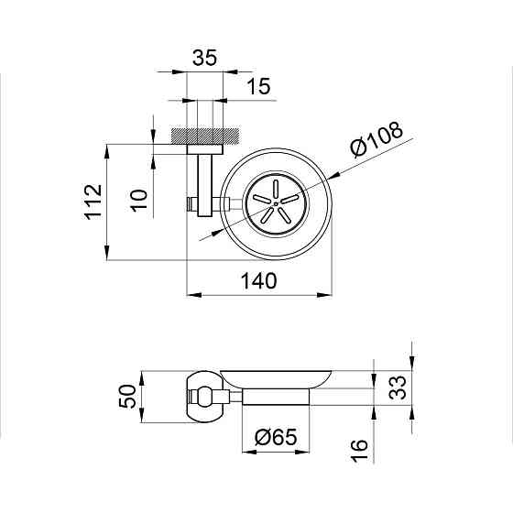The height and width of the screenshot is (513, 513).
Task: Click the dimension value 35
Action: [x=204, y=58]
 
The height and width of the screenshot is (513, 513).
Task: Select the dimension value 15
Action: [x=258, y=86]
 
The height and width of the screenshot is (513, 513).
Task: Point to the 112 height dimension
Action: [x=93, y=202]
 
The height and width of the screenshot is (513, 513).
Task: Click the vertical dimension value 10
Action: [x=140, y=201]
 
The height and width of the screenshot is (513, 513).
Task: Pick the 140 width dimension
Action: [x=258, y=280]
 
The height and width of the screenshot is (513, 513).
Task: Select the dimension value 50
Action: [x=127, y=396]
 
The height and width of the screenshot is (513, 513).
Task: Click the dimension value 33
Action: [x=398, y=387]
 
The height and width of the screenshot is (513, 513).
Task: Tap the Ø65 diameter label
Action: [x=276, y=437]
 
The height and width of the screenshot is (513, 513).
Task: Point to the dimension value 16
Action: [x=359, y=451]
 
